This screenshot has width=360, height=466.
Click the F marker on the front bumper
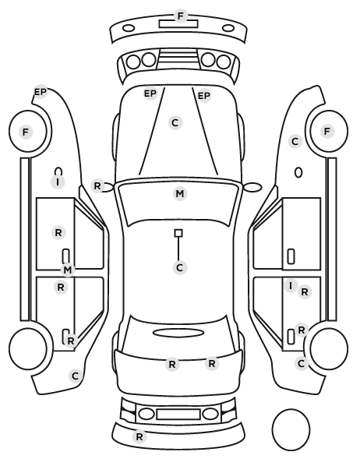(x=181, y=16)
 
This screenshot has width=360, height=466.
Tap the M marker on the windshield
(x=180, y=194)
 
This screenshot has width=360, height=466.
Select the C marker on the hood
(x=175, y=122)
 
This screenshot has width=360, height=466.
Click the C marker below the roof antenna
(x=179, y=268)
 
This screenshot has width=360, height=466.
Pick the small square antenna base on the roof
(x=178, y=233)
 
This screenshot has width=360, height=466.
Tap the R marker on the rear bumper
(x=139, y=437)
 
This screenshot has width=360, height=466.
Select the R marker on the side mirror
(x=97, y=186)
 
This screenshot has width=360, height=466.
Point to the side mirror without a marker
(x=252, y=187)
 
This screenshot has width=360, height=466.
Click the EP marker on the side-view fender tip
(x=41, y=92)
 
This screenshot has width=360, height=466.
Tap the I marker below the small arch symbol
(x=58, y=182)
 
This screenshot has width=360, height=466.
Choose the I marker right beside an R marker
(x=291, y=286)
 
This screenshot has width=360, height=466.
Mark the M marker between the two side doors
(x=68, y=270)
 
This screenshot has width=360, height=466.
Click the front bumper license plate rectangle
(x=178, y=24)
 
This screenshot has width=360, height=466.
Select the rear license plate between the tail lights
(x=178, y=414)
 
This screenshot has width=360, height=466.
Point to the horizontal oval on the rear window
(x=178, y=333)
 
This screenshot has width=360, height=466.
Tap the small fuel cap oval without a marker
(x=298, y=173)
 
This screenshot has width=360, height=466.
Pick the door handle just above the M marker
(x=65, y=256)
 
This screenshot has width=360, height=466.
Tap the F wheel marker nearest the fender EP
(x=26, y=132)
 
